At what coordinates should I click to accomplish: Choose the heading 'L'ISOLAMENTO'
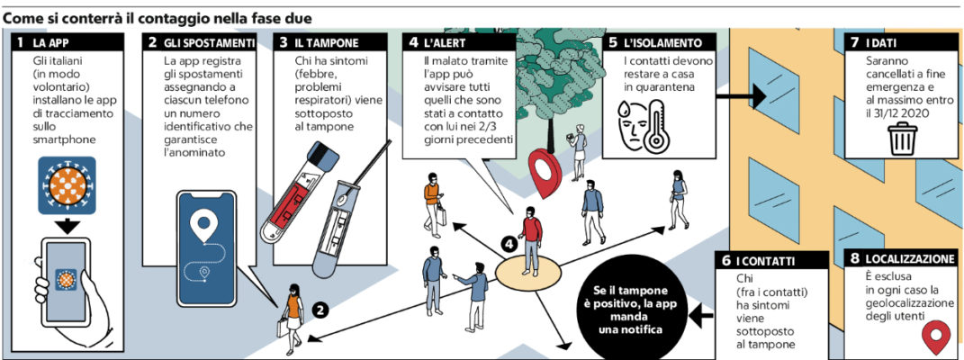tap(663, 43)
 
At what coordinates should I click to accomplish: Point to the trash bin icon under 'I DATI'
tap(902, 140)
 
